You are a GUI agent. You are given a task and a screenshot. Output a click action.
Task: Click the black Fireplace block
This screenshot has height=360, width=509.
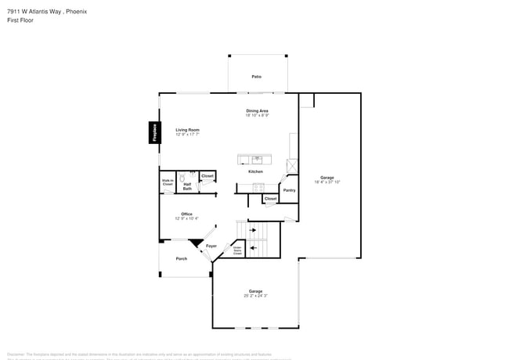[155, 133]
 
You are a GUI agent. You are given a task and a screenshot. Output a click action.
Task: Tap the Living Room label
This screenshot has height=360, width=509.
[187, 130]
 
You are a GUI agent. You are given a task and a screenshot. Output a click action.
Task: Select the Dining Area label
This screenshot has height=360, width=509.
[258, 111]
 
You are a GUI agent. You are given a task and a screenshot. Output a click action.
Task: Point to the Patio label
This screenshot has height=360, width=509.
[256, 76]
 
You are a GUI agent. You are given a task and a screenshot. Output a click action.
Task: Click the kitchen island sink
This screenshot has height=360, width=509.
[256, 159]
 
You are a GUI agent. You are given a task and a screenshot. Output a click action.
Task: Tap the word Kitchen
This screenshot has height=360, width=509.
[256, 171]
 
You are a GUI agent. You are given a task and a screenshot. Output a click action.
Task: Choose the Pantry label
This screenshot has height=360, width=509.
[289, 189]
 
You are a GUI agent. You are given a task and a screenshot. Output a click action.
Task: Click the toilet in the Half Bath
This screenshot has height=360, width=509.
[181, 177]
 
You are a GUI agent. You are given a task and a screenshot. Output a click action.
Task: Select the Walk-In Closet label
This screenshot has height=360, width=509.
[168, 182]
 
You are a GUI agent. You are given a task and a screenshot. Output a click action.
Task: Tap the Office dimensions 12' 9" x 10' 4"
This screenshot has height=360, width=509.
[187, 218]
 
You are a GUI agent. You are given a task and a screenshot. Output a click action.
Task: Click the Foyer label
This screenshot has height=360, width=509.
[211, 246]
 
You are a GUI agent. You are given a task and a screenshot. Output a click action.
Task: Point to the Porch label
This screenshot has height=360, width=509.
[181, 258]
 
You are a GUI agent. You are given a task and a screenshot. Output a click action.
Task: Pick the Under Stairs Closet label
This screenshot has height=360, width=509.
[236, 250]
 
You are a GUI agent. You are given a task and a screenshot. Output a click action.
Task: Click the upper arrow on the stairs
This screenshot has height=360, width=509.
[252, 230]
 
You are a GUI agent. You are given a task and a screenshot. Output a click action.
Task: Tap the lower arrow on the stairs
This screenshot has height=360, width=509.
[252, 248]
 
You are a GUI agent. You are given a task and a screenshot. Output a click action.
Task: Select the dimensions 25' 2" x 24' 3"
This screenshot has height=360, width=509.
[255, 296]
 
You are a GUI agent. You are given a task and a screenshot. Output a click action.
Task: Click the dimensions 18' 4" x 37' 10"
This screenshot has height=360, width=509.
[327, 182]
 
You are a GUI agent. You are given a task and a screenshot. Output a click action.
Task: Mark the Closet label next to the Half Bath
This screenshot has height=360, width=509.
[208, 176]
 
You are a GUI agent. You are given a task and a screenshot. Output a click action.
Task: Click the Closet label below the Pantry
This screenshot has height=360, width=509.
[270, 199]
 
